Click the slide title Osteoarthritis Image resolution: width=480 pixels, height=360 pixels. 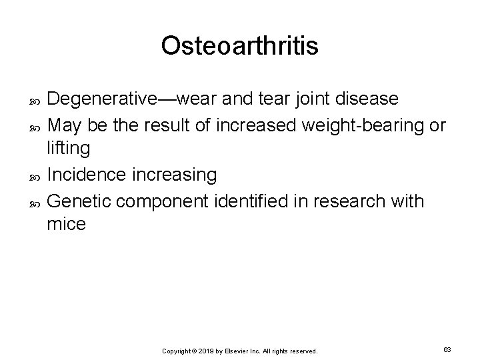pos(240,46)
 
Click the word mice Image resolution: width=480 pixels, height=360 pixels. pos(67,225)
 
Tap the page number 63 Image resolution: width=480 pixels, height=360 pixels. pos(448,349)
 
